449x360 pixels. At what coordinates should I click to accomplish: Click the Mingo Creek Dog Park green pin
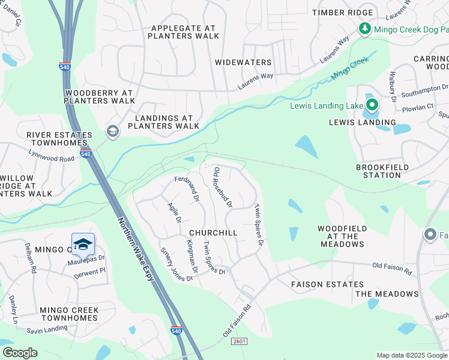coord(364,28)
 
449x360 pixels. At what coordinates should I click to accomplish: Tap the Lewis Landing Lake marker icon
coord(372,106)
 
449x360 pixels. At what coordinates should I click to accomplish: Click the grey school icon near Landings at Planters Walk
coord(112,131)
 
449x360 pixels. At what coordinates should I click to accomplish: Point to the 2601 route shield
coord(239,341)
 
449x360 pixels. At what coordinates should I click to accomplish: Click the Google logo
coord(20,352)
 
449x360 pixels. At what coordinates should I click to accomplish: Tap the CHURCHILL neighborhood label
coord(213,232)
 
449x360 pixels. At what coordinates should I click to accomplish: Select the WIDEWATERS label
coord(243,62)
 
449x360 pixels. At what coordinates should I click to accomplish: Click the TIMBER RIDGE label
coord(342,13)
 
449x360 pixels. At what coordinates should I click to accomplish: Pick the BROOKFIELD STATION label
coord(382,171)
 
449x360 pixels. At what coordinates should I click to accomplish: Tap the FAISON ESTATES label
coord(327,284)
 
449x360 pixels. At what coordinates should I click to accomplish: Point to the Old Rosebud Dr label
coord(223,187)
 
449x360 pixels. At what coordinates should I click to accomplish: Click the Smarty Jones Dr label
coord(176,265)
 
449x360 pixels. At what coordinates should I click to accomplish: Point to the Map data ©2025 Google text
coord(411,355)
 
